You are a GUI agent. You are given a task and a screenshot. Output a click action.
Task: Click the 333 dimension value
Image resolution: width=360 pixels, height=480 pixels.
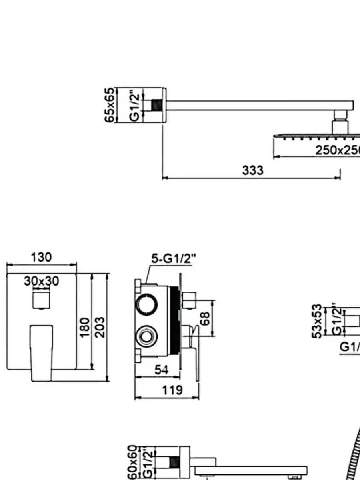(x=253, y=170)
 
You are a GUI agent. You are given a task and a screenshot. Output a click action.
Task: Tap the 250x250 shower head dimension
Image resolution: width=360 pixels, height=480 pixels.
(x=337, y=150)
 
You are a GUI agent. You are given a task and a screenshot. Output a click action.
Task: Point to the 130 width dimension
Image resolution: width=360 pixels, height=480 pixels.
(x=42, y=257)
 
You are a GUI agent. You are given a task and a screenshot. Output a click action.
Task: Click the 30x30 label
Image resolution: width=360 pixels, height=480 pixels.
(x=41, y=281)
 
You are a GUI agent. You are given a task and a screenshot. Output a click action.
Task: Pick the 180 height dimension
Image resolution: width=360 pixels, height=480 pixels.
(x=84, y=327)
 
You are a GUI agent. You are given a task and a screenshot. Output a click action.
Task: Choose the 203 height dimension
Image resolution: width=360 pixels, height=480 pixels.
(x=100, y=327)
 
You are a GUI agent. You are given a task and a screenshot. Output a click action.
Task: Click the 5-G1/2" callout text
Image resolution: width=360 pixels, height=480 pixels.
(x=174, y=259)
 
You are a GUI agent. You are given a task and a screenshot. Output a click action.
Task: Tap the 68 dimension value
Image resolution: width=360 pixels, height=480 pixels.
(x=204, y=318)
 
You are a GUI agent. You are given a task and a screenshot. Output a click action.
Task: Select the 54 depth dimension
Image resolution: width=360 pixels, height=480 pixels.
(x=161, y=370)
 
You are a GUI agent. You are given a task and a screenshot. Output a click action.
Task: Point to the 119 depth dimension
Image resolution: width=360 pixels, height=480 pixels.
(x=173, y=390)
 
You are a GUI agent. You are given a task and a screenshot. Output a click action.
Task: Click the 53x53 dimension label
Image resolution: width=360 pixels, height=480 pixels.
(x=317, y=321)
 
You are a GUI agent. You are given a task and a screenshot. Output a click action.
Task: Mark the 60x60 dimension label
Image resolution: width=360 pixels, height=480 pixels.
(x=132, y=462)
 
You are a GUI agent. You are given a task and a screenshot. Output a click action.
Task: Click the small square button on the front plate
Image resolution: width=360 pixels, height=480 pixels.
(x=42, y=300)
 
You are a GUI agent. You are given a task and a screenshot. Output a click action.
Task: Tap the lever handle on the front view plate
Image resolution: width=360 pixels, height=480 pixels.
(x=42, y=352)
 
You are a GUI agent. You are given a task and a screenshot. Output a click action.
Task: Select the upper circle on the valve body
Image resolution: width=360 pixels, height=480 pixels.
(x=146, y=305)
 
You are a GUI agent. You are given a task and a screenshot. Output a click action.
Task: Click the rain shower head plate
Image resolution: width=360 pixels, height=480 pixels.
(x=316, y=136)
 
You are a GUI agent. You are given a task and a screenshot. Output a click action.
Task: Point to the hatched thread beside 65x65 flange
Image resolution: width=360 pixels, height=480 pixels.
(x=156, y=105)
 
